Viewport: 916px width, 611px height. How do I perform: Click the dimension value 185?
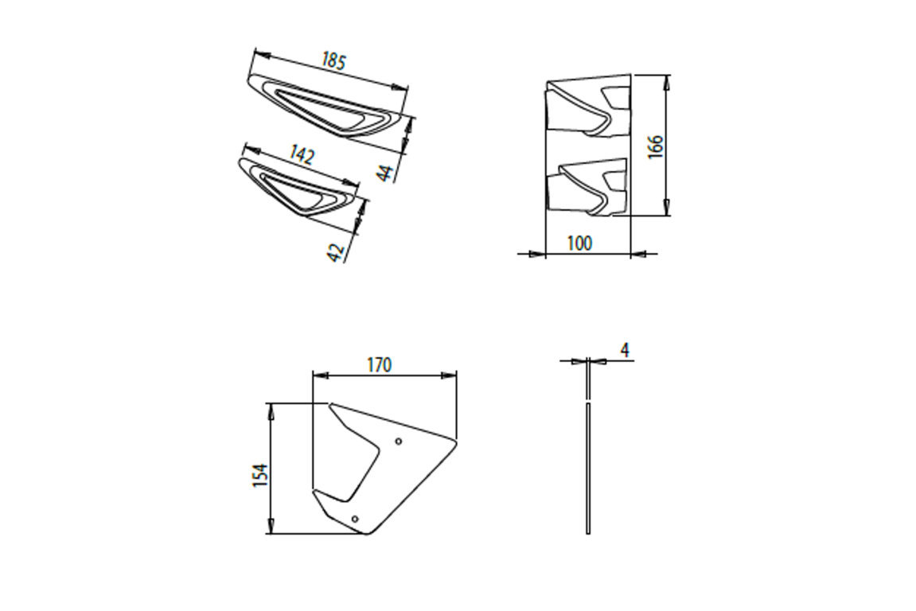coord(333,61)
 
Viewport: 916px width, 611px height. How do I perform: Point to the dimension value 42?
coord(337,252)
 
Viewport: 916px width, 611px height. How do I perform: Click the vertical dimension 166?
coord(655,146)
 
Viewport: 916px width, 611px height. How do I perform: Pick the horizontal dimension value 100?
coord(579,243)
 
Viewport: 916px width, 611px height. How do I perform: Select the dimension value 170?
coord(379,364)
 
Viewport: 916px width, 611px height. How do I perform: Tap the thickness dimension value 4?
coord(625,350)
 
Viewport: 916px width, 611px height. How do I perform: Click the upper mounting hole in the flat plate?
coord(399,441)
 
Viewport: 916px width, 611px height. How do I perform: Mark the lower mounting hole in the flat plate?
coord(355,520)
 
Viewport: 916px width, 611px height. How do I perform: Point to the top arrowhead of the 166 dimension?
coord(667,80)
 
